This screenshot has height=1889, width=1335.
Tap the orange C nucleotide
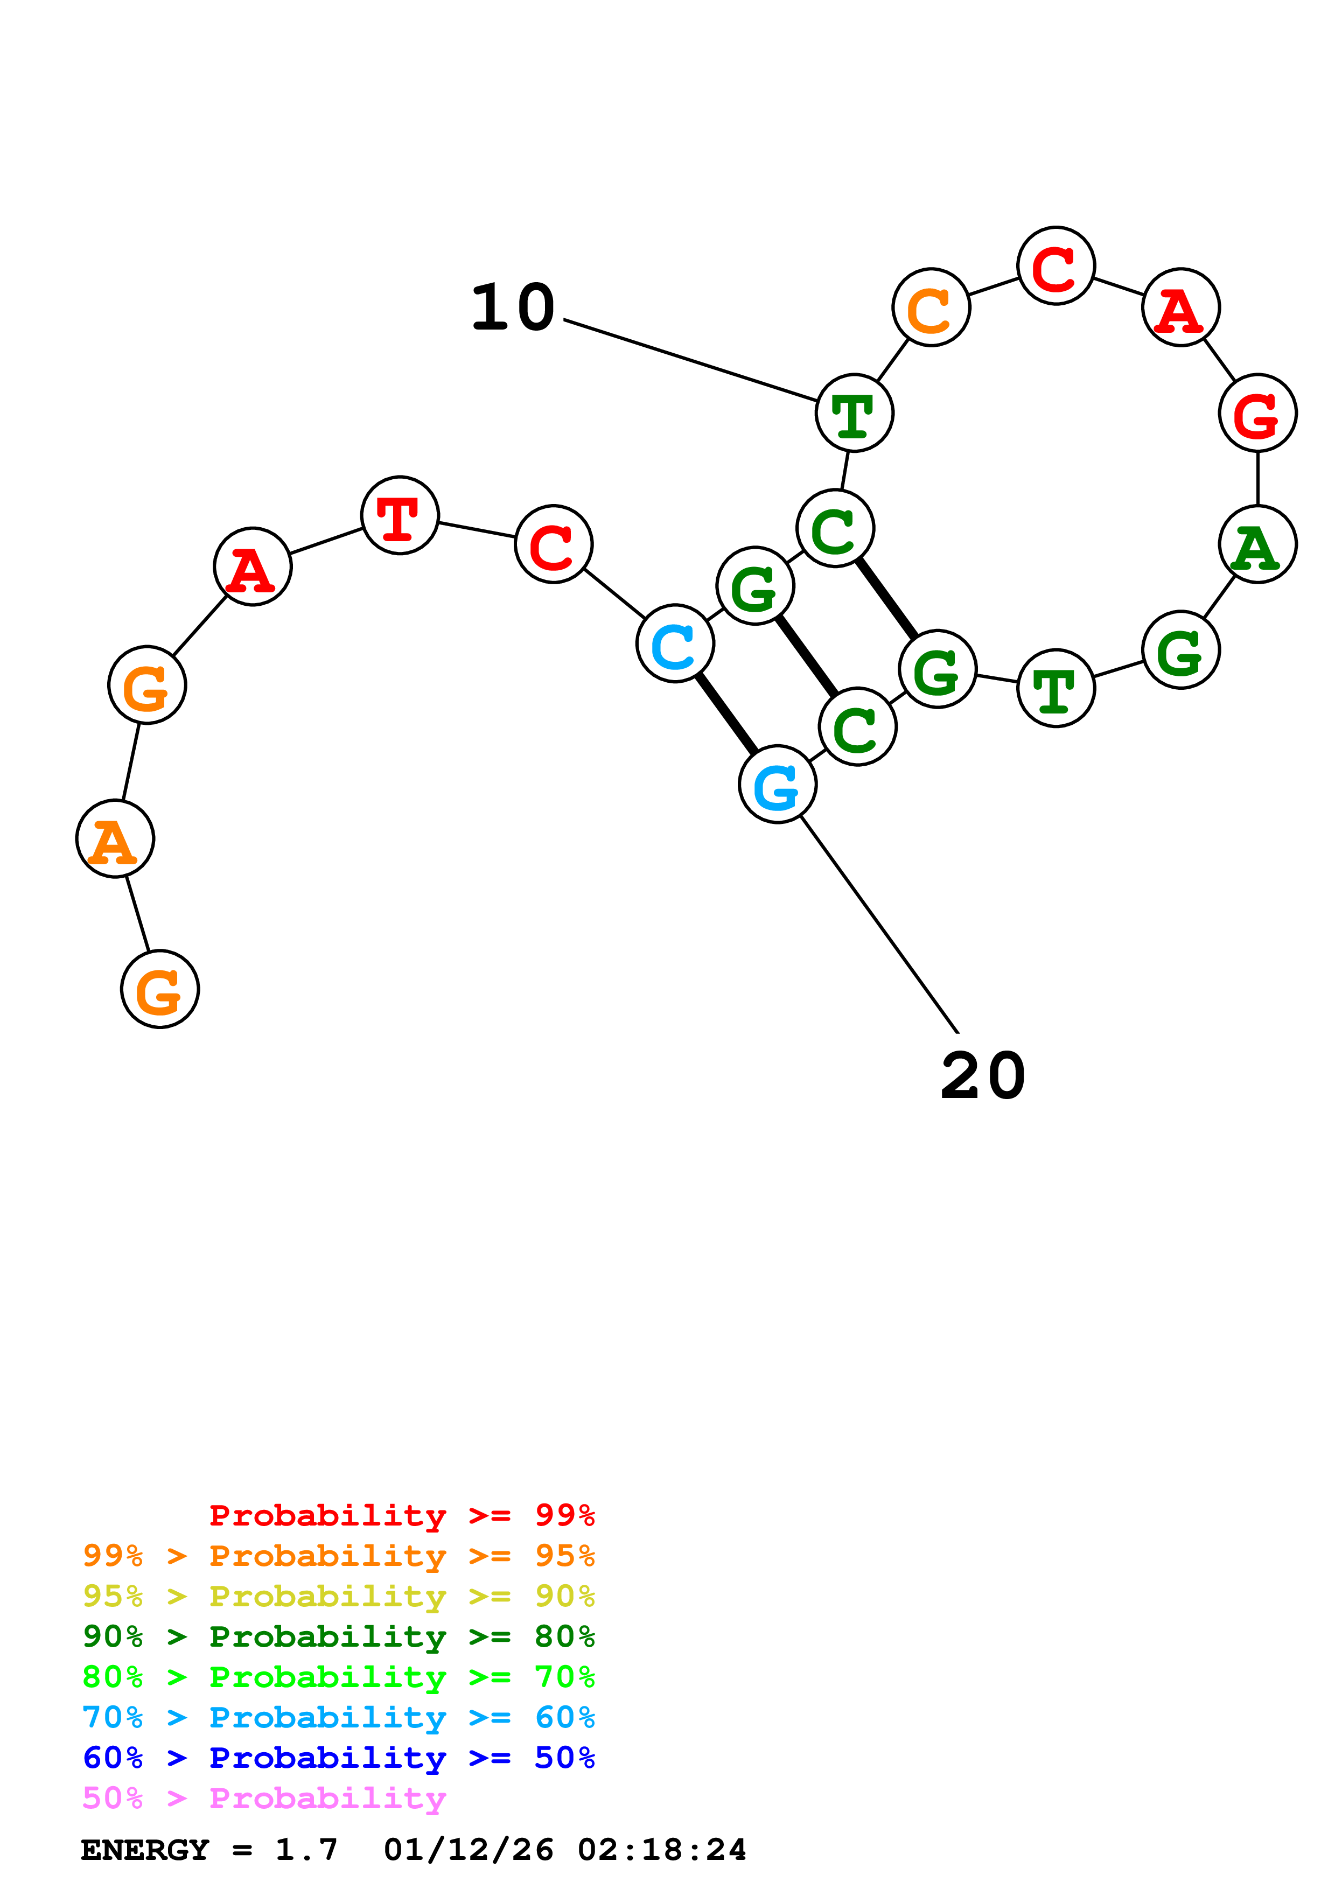click(x=931, y=307)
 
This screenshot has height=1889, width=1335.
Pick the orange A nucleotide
click(x=115, y=839)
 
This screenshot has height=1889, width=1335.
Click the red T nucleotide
click(x=400, y=516)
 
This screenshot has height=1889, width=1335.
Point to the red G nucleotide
click(x=1257, y=413)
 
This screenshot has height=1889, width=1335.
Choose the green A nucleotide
click(x=1257, y=544)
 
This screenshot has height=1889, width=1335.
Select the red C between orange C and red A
click(x=1056, y=266)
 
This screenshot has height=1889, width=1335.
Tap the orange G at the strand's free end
click(x=159, y=989)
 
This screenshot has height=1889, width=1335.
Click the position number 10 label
click(x=513, y=307)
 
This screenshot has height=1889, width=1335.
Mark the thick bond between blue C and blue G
click(x=726, y=714)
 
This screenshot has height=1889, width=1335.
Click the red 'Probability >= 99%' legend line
click(x=401, y=1515)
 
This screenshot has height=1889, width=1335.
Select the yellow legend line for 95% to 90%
click(x=338, y=1596)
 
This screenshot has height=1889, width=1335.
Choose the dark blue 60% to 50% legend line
click(x=338, y=1758)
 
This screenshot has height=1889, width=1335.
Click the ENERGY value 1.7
click(x=306, y=1850)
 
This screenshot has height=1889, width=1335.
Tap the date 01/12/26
click(x=468, y=1850)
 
